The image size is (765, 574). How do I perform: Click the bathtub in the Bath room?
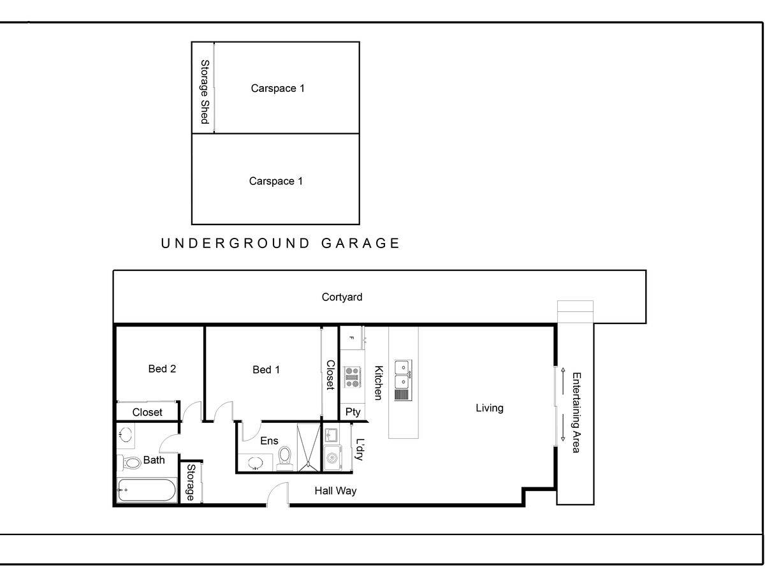point(147,491)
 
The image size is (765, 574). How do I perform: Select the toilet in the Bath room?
point(132,462)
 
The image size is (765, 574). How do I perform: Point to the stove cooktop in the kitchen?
point(353,377)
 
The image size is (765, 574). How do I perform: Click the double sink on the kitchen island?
point(402,374)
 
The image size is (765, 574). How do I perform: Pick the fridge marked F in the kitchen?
point(351,337)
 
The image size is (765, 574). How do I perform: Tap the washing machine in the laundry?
point(331,457)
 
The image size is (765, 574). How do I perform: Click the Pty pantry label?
point(353,412)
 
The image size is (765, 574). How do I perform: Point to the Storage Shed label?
point(205,92)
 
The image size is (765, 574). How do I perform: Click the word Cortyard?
point(342,297)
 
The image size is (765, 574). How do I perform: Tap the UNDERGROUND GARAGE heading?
point(280,243)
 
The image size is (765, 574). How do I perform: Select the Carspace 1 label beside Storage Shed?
point(277,88)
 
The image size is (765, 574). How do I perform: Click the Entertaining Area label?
point(576,412)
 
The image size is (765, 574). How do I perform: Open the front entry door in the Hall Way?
point(278,496)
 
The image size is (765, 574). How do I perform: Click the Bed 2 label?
point(162,369)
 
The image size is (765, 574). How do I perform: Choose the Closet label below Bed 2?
point(147,412)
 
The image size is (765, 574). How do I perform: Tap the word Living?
point(489,408)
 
